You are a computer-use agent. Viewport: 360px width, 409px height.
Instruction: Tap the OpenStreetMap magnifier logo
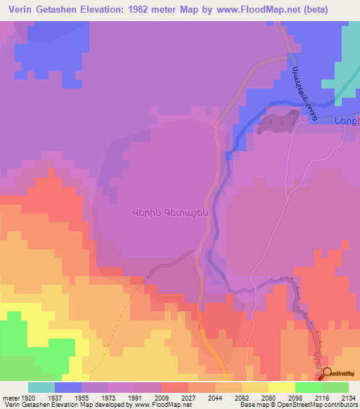pos(328,372)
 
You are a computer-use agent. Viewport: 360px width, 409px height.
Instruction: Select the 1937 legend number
pos(55,397)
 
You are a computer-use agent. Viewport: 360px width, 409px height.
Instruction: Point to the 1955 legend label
pos(82,397)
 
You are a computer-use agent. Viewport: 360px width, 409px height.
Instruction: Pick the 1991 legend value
pos(135,397)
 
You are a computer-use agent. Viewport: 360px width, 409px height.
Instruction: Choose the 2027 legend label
pos(188,397)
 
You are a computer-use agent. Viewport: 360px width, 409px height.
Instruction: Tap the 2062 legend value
pos(242,397)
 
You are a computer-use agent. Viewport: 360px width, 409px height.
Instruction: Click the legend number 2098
pos(295,397)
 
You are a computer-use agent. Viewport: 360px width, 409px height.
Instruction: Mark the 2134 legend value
pos(349,397)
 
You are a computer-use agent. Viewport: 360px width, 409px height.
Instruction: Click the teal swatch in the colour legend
pos(41,387)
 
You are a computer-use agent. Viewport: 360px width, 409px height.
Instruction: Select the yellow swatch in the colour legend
pos(282,387)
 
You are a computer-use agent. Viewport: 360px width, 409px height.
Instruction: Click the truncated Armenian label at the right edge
pos(347,119)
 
